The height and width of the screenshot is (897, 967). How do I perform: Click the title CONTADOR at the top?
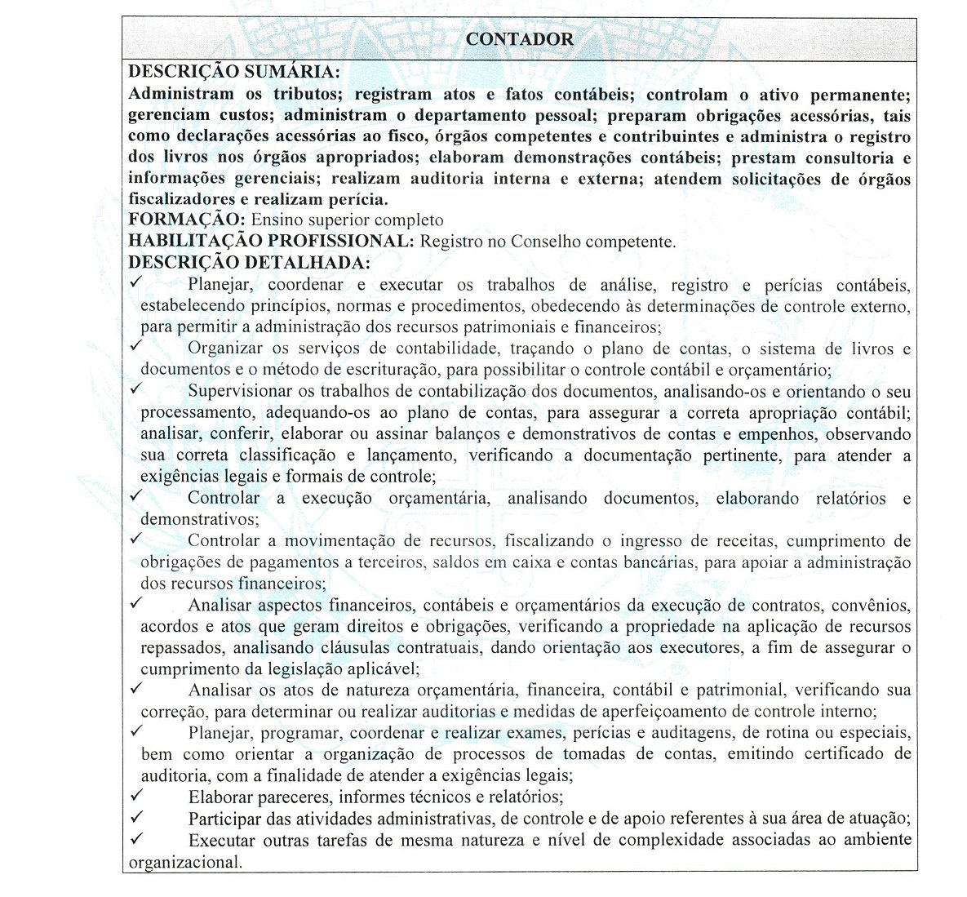520,39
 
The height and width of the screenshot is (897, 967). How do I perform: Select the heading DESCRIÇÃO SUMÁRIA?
234,72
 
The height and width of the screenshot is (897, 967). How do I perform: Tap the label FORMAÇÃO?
186,220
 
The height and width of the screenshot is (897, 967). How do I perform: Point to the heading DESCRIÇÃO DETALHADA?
249,263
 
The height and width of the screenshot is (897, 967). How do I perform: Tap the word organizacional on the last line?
185,862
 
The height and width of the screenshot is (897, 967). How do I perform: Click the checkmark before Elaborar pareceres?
136,794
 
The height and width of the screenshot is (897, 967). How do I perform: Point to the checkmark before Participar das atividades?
136,815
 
